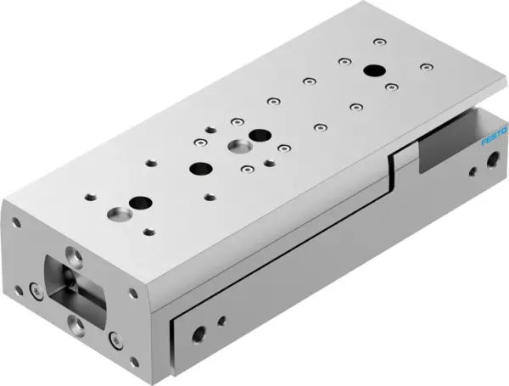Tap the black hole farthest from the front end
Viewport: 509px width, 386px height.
point(372,71)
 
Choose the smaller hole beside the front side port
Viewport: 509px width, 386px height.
point(222,321)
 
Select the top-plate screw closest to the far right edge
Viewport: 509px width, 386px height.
point(425,65)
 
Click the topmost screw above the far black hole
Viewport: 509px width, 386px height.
point(379,42)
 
